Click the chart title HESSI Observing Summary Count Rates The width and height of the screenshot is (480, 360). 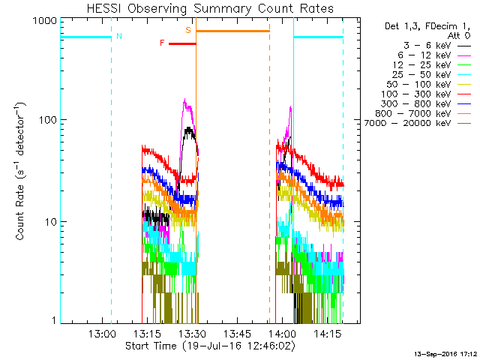(210, 9)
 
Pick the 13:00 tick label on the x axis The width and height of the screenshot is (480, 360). (101, 334)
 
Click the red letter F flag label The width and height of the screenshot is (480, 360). (162, 43)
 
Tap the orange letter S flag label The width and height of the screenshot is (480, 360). (188, 31)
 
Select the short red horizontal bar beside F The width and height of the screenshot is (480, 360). (181, 43)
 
